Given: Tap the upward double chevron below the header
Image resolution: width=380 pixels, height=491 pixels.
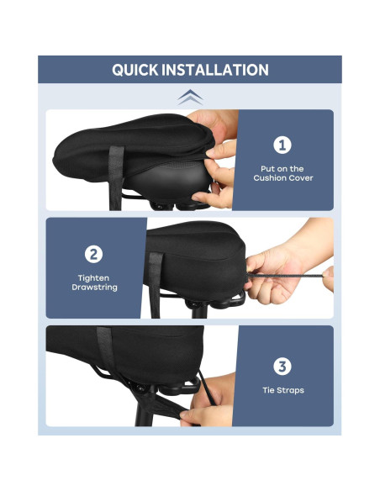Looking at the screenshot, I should tap(190, 97).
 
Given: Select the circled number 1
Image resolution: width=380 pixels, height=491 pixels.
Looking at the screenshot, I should tap(282, 145).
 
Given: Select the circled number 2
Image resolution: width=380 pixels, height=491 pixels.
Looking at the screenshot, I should tap(94, 254).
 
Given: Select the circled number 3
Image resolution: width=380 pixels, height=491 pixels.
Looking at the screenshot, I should tap(282, 366).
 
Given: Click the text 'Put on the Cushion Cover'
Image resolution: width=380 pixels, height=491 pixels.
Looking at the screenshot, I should tap(282, 173).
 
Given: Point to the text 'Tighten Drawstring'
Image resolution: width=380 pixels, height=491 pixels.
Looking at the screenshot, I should tap(94, 282).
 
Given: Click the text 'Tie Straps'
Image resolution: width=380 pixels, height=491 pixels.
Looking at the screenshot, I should tap(282, 390).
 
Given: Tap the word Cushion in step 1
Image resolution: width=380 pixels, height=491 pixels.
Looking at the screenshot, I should tap(271, 178).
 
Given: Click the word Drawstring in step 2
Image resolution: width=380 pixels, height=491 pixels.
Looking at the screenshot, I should tap(94, 288).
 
